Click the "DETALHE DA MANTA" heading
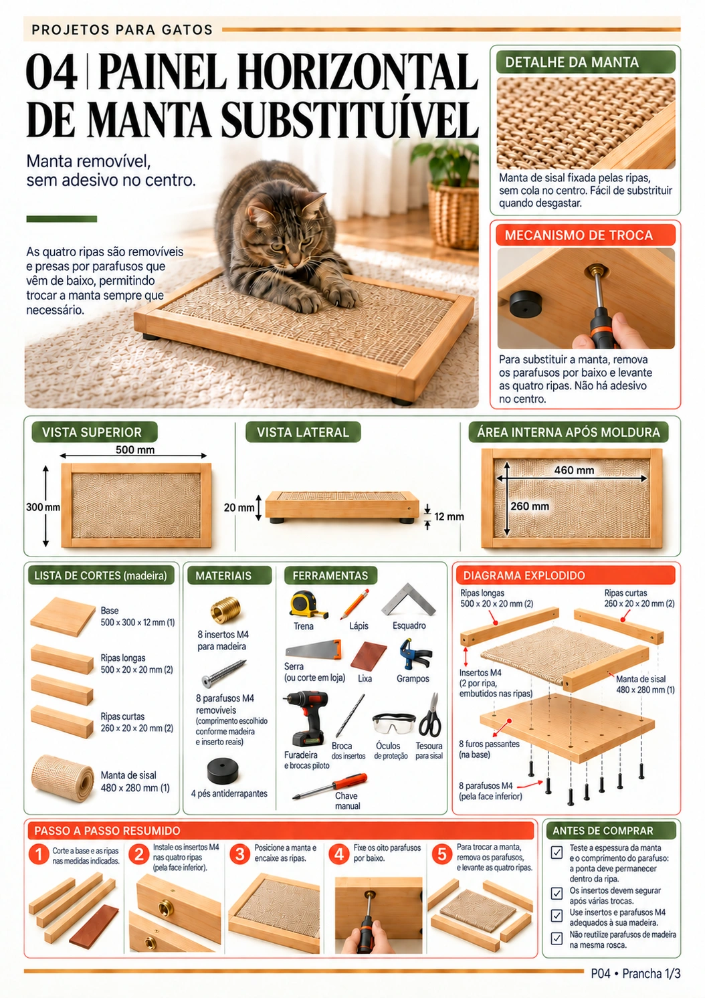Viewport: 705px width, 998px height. [x=571, y=62]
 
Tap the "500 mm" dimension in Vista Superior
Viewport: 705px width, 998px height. [x=134, y=450]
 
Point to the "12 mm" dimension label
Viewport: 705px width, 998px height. [x=449, y=516]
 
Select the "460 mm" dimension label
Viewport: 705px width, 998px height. [x=574, y=470]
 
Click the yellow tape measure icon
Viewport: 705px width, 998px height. [x=308, y=604]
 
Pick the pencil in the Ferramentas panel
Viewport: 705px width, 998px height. [x=355, y=604]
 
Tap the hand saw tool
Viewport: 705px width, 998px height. [x=313, y=650]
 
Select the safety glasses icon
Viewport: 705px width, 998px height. [x=393, y=723]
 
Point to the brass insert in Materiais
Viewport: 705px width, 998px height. [x=225, y=609]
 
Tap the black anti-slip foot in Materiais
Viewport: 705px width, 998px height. [x=223, y=771]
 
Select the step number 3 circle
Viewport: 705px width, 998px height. [x=239, y=854]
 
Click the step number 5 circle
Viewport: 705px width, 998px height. [x=442, y=854]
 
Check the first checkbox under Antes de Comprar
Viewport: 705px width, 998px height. [x=557, y=852]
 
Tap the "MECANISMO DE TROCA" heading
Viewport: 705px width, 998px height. [x=579, y=235]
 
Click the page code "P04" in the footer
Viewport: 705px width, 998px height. [x=600, y=973]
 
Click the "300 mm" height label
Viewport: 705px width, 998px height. [x=43, y=506]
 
